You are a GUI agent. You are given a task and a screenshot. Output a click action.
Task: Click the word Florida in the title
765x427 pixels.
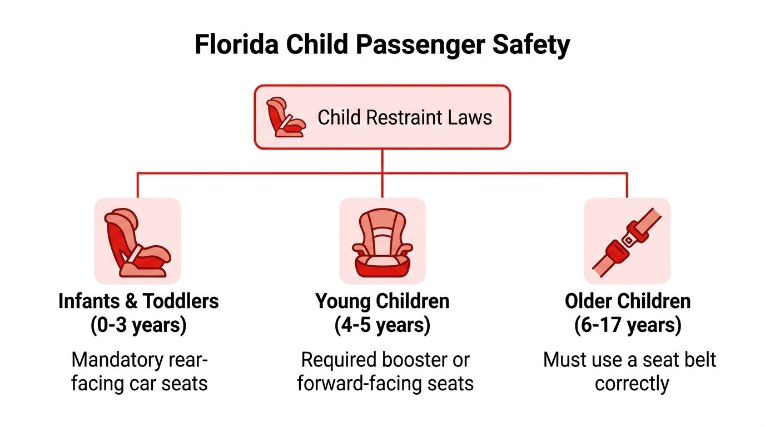coord(236,44)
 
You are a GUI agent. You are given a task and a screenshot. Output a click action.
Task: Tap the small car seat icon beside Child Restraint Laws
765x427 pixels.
coord(285,117)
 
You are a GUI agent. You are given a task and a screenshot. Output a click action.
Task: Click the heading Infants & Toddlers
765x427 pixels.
coord(138,301)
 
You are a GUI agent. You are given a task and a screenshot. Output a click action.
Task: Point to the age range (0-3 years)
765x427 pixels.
coord(138,325)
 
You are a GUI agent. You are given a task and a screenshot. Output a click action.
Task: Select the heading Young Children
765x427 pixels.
coord(383,301)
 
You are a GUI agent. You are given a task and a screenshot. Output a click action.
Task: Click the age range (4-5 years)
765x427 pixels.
coord(383,325)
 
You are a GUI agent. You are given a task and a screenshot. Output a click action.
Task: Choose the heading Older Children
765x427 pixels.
coord(628,301)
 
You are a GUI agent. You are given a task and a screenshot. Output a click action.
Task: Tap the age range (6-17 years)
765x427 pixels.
coord(628,325)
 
